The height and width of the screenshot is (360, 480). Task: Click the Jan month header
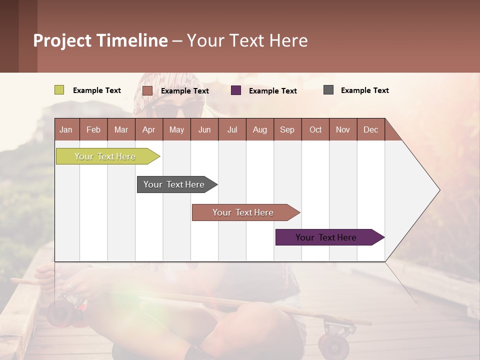coord(66,129)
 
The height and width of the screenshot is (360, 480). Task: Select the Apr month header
coord(148,129)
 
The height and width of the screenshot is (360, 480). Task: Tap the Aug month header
coord(259,129)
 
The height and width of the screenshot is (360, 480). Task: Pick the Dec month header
coord(370,129)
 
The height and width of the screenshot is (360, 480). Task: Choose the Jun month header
coord(204,129)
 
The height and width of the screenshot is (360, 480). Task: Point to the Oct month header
coord(315,129)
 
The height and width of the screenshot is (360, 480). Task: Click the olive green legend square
coord(59,90)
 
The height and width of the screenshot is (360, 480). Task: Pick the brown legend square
coord(147,90)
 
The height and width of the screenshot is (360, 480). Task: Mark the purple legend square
coord(235,90)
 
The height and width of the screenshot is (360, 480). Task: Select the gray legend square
coord(328,90)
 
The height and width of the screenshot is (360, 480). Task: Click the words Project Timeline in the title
coord(100,40)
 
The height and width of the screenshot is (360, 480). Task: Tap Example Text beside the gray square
coord(364,90)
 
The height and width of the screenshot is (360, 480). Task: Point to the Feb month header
coord(93,129)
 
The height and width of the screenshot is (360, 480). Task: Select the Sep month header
coord(287,129)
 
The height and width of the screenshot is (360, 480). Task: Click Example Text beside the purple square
coord(272,91)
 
